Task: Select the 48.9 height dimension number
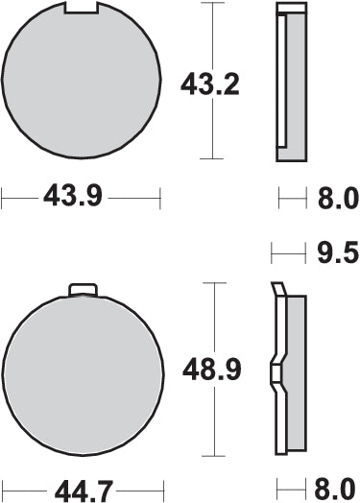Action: (209, 368)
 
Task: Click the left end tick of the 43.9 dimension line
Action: (3, 199)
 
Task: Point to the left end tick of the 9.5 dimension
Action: (273, 253)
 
